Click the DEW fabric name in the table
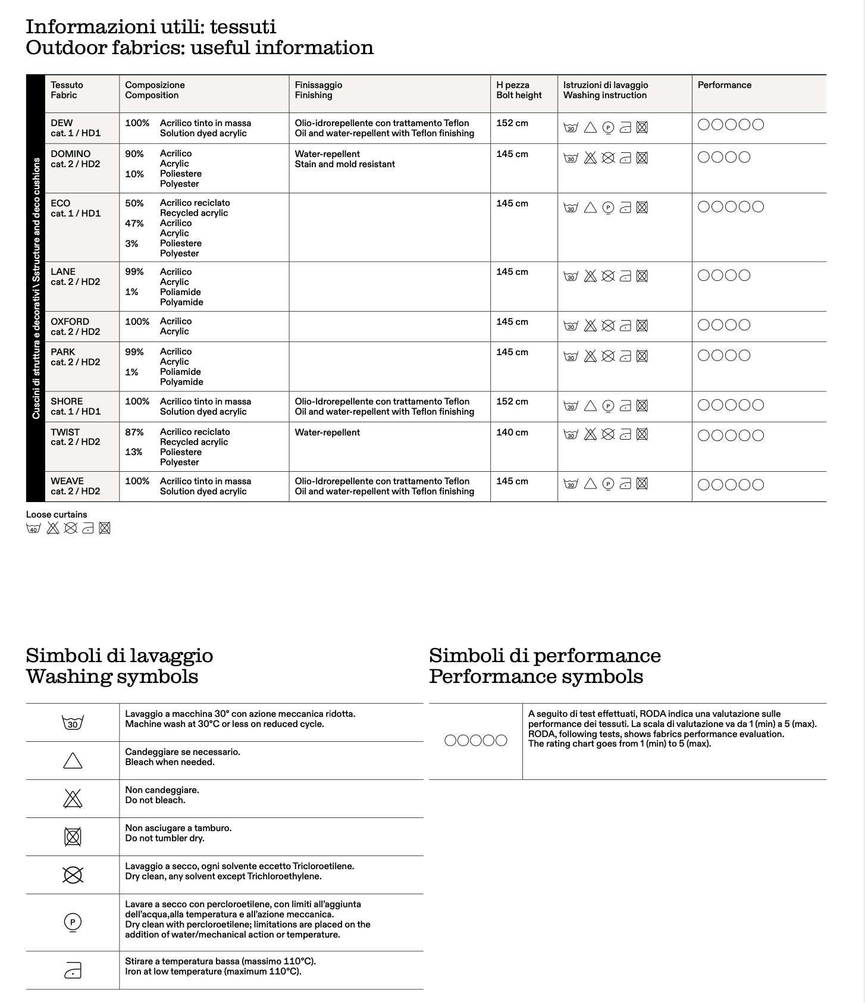pos(61,123)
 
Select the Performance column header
pos(724,85)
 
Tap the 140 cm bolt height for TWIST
pos(512,432)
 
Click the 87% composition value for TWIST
pos(134,432)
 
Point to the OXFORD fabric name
pos(70,322)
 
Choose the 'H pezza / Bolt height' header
pos(518,90)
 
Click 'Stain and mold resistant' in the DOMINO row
pos(344,164)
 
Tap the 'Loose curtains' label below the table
pos(57,515)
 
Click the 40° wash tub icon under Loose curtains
pos(33,528)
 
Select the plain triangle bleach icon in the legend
pos(73,761)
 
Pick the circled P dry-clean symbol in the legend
pos(73,923)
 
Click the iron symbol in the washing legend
pos(73,971)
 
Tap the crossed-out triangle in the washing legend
pos(73,798)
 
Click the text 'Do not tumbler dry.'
pos(164,838)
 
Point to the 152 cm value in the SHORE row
pos(512,402)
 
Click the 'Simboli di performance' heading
pos(544,656)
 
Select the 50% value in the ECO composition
pos(134,203)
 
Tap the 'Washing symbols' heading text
pos(112,676)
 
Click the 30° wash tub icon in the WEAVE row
pos(571,484)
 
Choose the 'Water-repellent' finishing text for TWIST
pos(327,432)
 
